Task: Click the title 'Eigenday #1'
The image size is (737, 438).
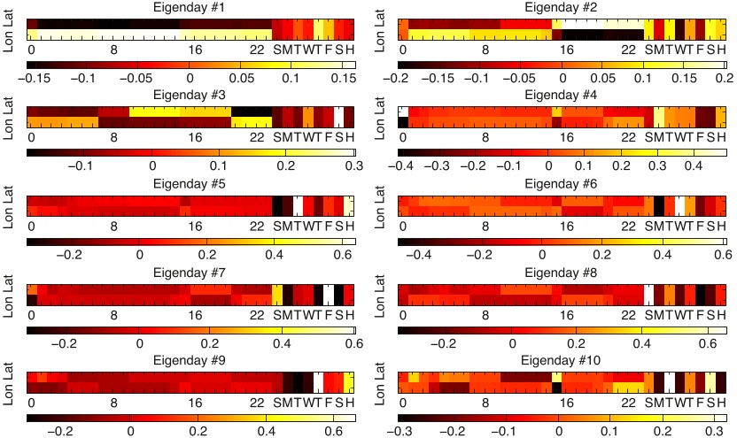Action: click(x=190, y=7)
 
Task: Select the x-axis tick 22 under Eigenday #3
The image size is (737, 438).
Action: click(x=257, y=138)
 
